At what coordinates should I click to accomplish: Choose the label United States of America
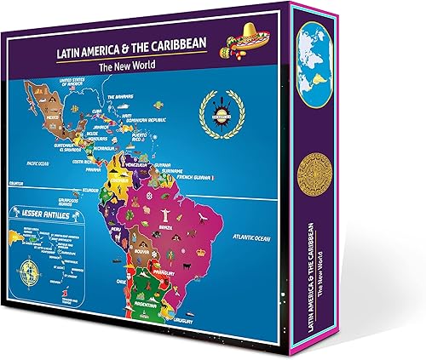tap(76, 82)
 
